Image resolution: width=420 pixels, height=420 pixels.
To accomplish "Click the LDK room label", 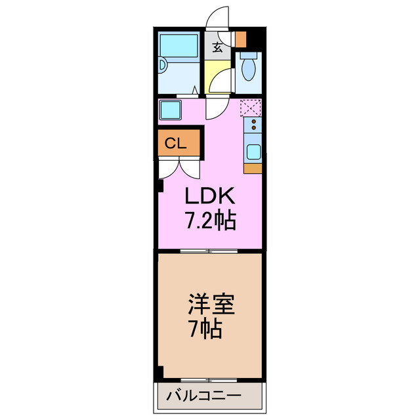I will [208, 196].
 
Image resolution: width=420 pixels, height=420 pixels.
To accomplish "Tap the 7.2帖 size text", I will [209, 220].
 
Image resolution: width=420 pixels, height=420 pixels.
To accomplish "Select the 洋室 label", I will [210, 304].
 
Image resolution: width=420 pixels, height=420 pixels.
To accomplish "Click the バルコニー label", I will [203, 396].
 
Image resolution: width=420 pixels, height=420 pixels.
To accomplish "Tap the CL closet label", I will [175, 143].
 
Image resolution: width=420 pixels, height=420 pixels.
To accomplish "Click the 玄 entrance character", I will [217, 47].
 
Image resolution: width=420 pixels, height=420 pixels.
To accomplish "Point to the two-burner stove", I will [253, 124].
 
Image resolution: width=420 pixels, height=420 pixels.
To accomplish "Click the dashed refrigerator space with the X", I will [251, 107].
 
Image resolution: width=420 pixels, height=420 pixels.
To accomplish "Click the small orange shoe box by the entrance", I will [240, 39].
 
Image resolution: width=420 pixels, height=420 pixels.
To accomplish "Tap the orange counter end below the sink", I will [253, 169].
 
